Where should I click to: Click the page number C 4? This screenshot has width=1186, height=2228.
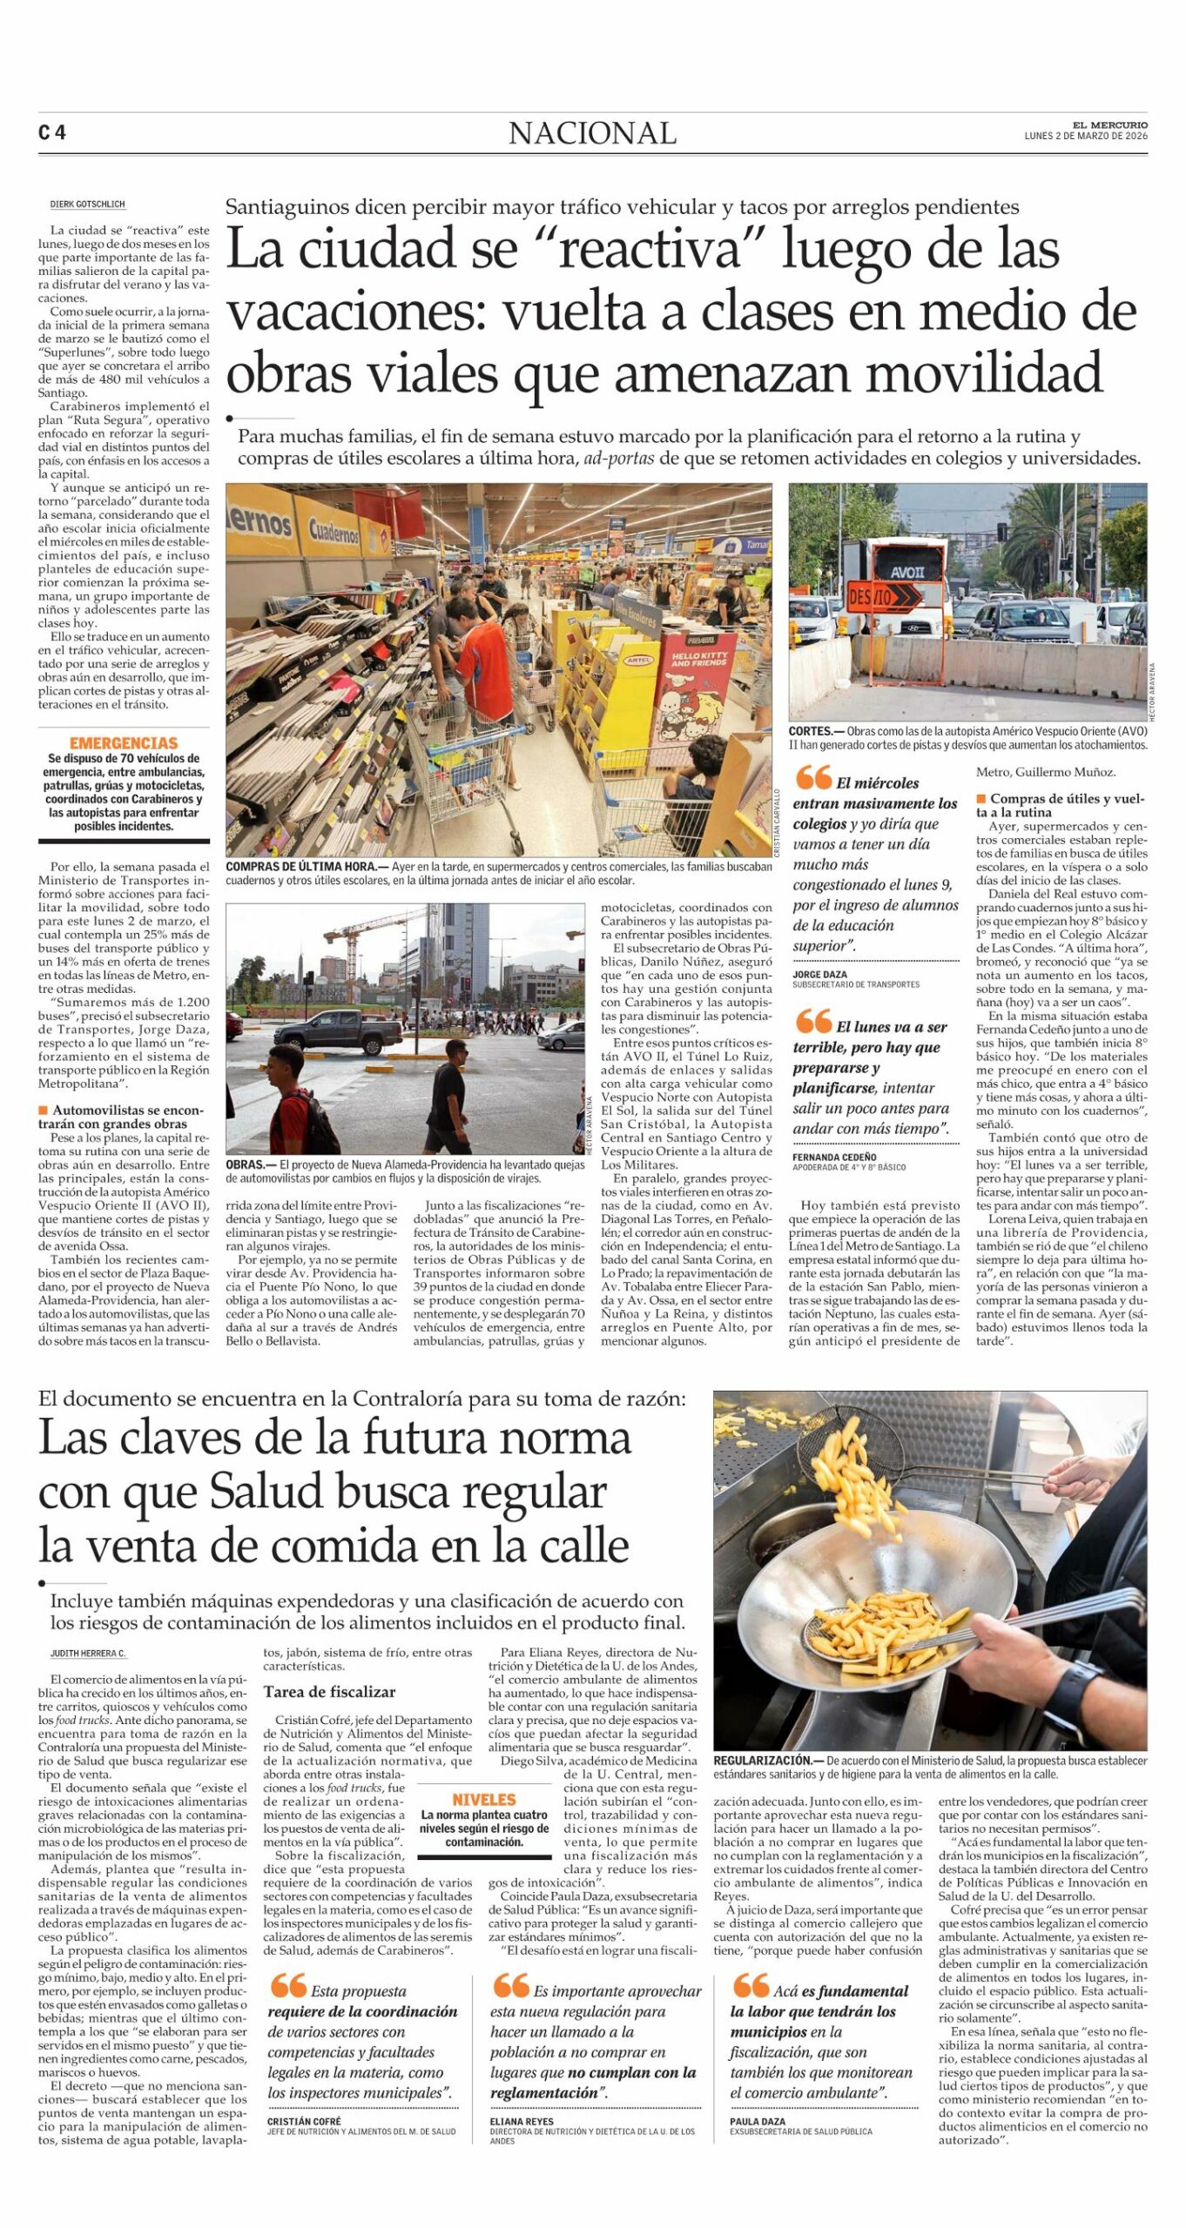(x=52, y=133)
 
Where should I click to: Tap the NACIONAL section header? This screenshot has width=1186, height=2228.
(x=592, y=133)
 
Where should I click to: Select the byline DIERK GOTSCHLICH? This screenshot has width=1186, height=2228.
(x=88, y=205)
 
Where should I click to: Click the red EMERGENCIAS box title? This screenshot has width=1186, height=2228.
(x=124, y=743)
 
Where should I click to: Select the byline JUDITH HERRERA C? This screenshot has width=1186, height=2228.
(x=88, y=1653)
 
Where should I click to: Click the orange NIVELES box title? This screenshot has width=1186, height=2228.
(x=483, y=1799)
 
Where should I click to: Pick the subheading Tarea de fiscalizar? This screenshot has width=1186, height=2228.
(x=329, y=1692)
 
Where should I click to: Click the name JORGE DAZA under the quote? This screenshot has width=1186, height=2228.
(x=819, y=975)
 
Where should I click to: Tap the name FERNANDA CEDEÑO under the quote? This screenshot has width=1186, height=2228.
(x=834, y=1158)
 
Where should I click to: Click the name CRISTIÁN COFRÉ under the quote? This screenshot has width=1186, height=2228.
(x=304, y=2122)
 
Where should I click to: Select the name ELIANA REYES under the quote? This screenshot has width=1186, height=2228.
(x=522, y=2122)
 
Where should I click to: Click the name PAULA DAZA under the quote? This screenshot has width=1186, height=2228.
(x=758, y=2122)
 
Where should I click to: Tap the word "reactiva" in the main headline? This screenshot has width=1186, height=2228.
(x=650, y=250)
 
